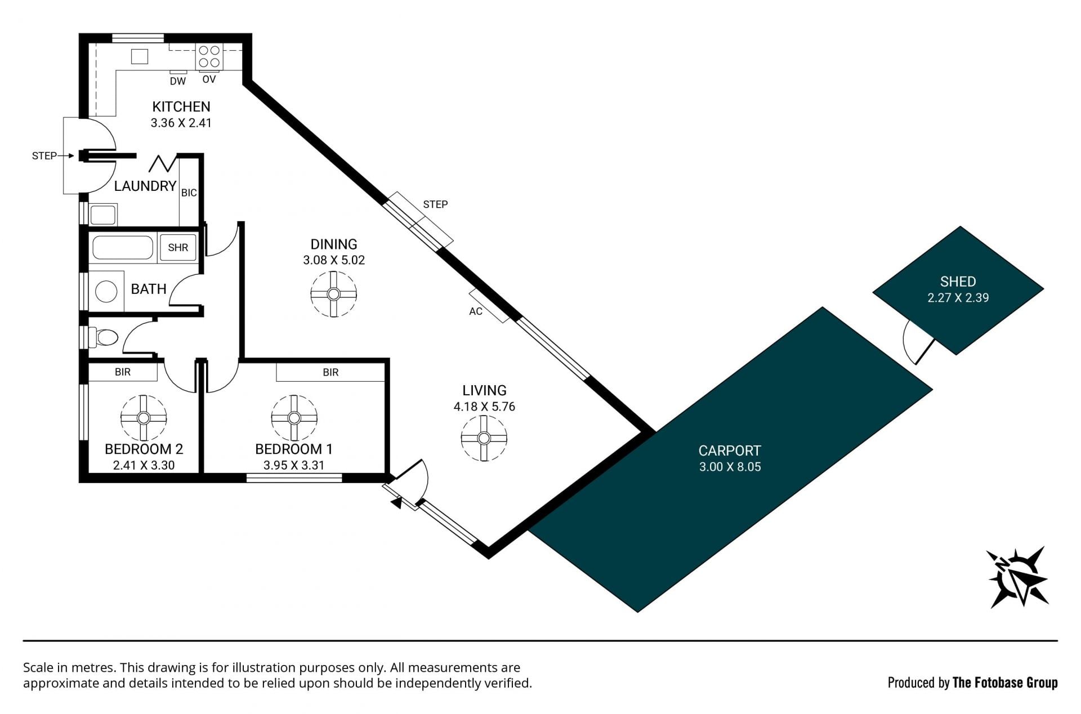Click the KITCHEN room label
[x=181, y=106]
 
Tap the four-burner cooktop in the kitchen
[x=209, y=57]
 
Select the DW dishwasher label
[x=178, y=81]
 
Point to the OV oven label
[x=209, y=79]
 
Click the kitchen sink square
[x=140, y=56]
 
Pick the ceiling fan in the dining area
[x=334, y=294]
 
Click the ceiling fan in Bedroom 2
[x=144, y=418]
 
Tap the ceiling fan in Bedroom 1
[x=294, y=418]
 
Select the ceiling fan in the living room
[x=484, y=438]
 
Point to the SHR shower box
[x=178, y=248]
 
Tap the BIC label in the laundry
[x=189, y=193]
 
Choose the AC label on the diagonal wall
[x=476, y=311]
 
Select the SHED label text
[x=958, y=282]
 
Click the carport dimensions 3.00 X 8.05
[x=730, y=467]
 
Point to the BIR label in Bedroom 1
[x=330, y=372]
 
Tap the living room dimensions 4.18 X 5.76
[x=484, y=407]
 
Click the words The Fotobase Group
[x=1005, y=683]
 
